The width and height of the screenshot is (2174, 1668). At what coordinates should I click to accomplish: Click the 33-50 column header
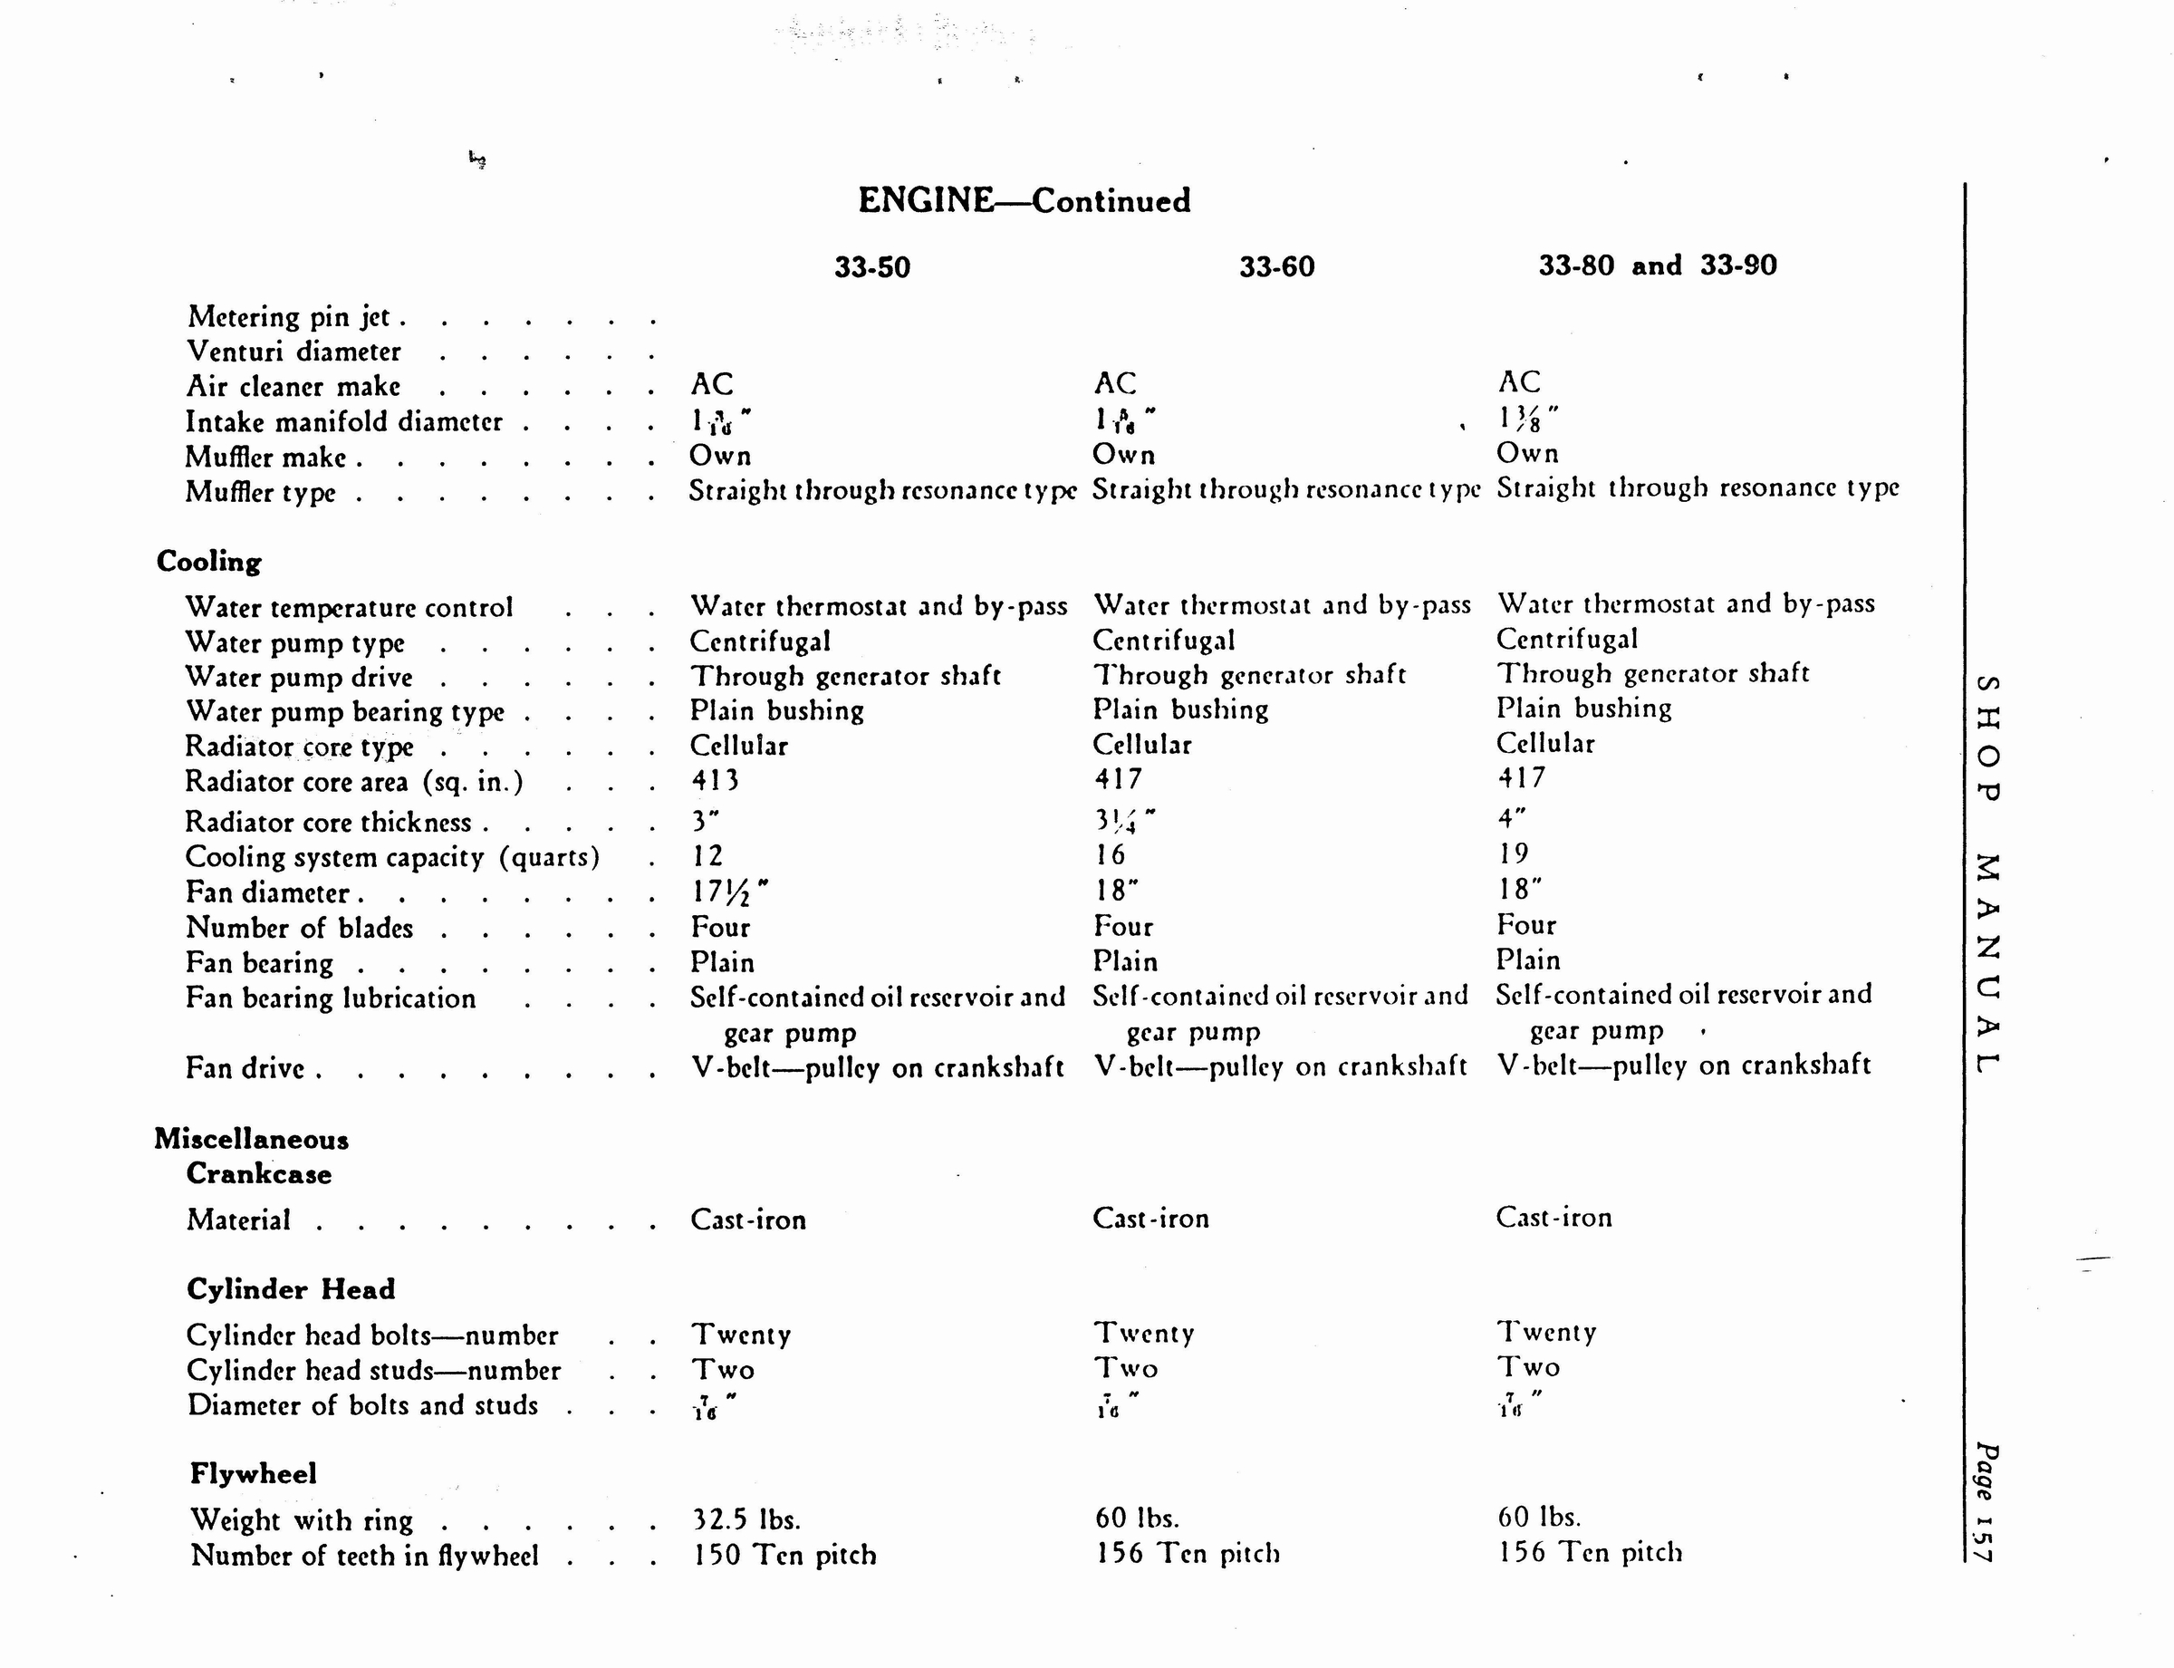[871, 267]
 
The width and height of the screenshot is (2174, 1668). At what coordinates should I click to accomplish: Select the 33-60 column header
[1276, 266]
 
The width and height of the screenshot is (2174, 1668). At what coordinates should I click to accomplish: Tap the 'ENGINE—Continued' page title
[1024, 200]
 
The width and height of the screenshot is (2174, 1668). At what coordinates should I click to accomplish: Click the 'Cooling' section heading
[208, 561]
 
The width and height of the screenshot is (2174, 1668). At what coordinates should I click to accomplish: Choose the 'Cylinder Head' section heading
[291, 1288]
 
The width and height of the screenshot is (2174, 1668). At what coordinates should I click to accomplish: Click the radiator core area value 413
[715, 780]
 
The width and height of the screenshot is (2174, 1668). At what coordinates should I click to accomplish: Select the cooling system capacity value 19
[1514, 853]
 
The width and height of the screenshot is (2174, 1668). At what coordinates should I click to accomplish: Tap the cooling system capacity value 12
[707, 855]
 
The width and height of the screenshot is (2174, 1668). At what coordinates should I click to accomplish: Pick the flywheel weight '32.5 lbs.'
[746, 1519]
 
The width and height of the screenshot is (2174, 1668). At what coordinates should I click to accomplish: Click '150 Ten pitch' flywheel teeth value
[784, 1554]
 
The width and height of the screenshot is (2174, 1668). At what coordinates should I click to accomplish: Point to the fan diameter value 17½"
[728, 892]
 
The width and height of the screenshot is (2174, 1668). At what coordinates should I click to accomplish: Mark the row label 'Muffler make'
[266, 458]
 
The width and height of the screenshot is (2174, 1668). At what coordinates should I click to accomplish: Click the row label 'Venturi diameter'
[293, 352]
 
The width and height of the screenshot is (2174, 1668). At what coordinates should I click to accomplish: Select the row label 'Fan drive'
[245, 1068]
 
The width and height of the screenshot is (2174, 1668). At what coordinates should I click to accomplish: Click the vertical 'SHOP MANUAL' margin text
[1986, 873]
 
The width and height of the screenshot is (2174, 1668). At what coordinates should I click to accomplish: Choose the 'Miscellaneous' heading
[251, 1139]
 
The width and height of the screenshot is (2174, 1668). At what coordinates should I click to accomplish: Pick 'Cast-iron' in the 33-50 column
[748, 1220]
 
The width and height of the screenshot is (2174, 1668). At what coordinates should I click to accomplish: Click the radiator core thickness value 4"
[1511, 817]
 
